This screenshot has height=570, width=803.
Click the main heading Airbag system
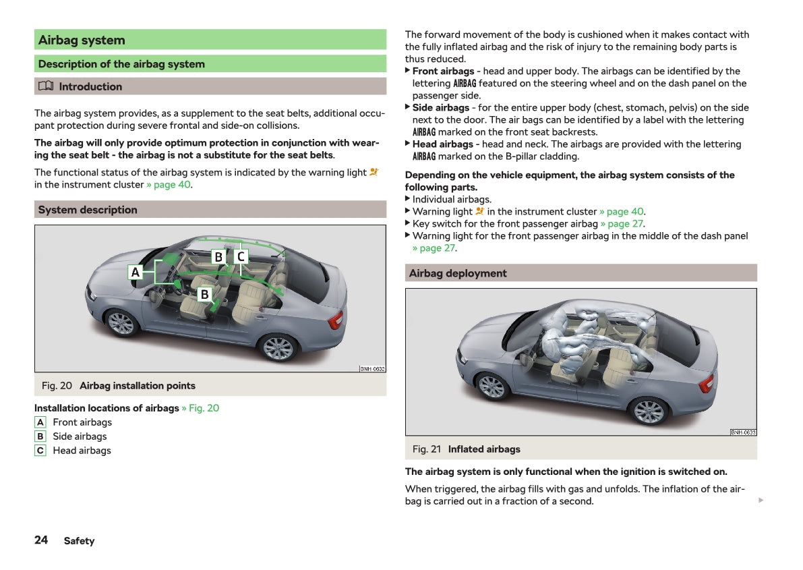click(82, 40)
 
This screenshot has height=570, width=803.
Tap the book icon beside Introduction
click(45, 86)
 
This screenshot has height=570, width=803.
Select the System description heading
click(88, 210)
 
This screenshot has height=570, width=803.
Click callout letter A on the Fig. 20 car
click(136, 273)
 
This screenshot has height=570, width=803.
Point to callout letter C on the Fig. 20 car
click(241, 257)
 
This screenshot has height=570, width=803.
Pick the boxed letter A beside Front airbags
click(40, 422)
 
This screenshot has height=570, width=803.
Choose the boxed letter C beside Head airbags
click(40, 451)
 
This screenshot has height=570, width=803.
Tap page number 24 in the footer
click(41, 540)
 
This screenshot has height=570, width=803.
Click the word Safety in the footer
click(79, 541)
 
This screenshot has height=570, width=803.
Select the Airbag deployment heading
click(457, 273)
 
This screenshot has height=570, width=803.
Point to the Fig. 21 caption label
click(427, 449)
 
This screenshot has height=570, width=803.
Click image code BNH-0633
click(743, 432)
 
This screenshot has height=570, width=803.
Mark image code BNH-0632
click(372, 369)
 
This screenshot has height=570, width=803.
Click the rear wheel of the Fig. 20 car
click(278, 348)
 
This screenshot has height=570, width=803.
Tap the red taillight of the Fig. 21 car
click(707, 383)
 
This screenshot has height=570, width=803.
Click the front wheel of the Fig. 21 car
click(492, 387)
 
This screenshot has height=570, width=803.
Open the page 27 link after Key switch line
click(622, 224)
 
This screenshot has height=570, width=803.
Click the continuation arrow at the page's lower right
click(761, 501)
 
